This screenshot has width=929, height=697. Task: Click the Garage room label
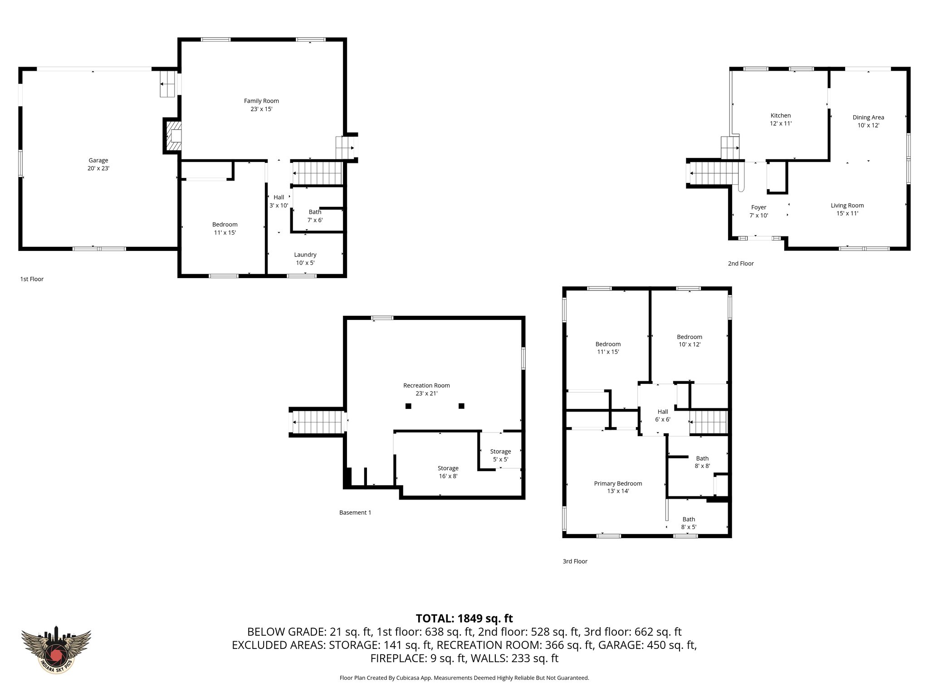point(98,160)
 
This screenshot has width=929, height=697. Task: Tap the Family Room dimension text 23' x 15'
point(261,109)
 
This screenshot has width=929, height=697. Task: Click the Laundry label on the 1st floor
point(305,255)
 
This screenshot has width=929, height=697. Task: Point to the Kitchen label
point(780,116)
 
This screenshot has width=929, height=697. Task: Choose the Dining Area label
point(868,118)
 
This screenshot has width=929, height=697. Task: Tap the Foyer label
point(758,207)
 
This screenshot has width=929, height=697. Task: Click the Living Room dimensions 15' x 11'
point(847,213)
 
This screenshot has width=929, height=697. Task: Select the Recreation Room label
point(426,386)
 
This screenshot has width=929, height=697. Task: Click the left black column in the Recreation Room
point(408,406)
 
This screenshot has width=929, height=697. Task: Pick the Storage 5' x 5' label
point(500,455)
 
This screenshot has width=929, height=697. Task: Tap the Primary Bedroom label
point(618,484)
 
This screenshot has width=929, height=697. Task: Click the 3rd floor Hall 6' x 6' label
point(663,416)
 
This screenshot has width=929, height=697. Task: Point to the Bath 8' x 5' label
point(688,523)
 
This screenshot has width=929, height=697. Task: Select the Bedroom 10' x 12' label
point(689,340)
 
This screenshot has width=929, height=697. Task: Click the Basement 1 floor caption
point(355,513)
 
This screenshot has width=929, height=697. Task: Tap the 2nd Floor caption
point(741,264)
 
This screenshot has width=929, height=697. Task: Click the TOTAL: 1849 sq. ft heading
point(464,618)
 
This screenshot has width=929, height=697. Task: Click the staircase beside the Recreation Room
point(318,422)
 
